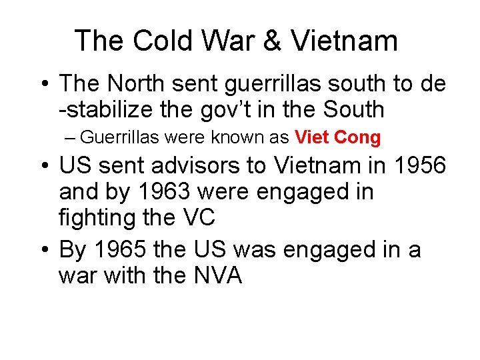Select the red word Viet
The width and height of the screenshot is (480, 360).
pyautogui.click(x=312, y=138)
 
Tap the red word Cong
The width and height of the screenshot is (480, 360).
pyautogui.click(x=357, y=138)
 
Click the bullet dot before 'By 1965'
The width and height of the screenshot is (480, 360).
pyautogui.click(x=43, y=250)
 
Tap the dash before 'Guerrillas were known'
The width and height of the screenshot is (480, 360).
pyautogui.click(x=71, y=138)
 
